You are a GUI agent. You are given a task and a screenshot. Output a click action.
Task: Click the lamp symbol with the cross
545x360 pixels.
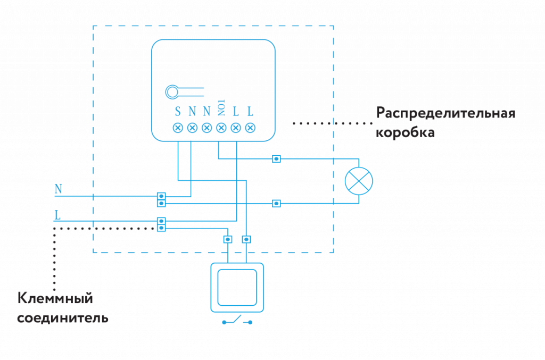tap(359, 181)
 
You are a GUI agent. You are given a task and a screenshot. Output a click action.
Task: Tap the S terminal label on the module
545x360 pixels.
tap(178, 112)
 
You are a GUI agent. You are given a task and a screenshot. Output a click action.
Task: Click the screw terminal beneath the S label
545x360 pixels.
tap(178, 128)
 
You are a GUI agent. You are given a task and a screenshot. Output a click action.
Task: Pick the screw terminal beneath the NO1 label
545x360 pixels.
tap(221, 128)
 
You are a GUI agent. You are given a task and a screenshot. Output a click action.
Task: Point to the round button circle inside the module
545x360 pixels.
tap(172, 92)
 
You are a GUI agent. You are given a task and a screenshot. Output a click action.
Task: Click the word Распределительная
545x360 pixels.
tap(445, 113)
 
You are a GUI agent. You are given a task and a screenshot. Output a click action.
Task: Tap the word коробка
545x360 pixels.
tap(405, 132)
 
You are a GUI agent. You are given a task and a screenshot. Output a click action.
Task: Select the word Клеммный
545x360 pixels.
tap(56, 298)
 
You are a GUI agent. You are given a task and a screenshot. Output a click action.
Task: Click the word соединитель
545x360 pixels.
tap(63, 319)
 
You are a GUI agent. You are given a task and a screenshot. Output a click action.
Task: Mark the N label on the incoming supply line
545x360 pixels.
tap(58, 189)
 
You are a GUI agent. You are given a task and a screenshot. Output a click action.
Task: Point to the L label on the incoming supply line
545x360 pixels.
tap(57, 215)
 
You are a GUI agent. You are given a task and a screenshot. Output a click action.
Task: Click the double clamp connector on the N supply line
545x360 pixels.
tap(161, 199)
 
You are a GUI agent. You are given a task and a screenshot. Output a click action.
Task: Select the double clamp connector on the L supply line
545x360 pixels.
tap(161, 224)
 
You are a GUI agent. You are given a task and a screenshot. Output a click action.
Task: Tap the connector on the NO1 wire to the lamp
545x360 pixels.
tap(276, 158)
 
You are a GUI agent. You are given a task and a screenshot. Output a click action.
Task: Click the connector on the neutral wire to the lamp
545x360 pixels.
tap(276, 203)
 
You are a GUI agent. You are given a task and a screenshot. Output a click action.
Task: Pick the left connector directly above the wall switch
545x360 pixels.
tap(228, 239)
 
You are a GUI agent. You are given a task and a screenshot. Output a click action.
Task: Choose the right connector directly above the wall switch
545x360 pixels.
tap(246, 239)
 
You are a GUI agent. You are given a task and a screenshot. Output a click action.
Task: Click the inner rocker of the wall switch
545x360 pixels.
tap(237, 287)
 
